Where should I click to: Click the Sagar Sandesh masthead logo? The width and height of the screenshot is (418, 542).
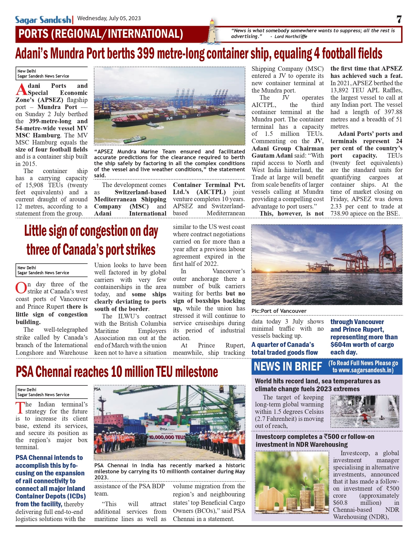[x=43, y=20]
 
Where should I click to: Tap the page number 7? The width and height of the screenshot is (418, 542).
[x=399, y=19]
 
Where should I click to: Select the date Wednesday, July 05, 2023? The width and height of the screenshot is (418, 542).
[x=109, y=18]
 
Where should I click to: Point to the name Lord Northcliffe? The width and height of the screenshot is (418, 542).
[x=291, y=36]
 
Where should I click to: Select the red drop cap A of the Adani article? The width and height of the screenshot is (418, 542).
[x=21, y=89]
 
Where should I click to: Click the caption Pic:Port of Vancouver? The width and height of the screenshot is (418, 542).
[x=279, y=311]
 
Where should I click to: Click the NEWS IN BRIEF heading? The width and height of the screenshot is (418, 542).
[x=288, y=366]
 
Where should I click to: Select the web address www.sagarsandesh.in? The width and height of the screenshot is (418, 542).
[x=363, y=370]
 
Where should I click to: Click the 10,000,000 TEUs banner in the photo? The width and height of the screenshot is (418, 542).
[x=167, y=437]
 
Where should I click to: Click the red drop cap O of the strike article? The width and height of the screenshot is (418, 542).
[x=21, y=288]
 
